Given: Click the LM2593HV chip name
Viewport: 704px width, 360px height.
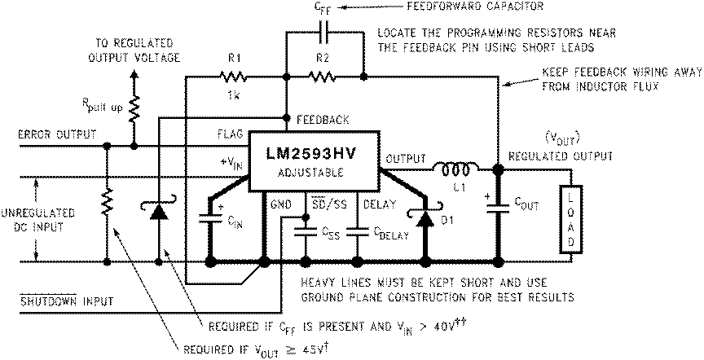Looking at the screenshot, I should (314, 155).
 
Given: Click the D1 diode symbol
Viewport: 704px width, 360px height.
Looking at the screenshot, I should (424, 218).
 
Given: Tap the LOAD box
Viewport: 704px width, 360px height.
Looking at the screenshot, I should (572, 218).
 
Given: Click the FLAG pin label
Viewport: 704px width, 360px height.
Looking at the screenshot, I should (228, 132).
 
